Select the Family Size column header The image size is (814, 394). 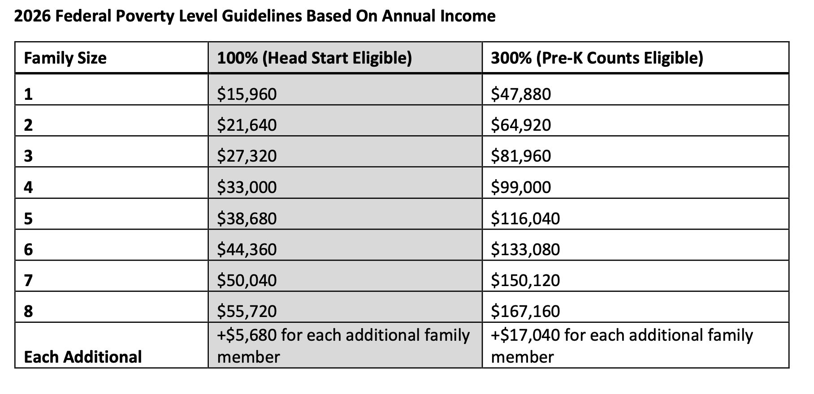point(65,58)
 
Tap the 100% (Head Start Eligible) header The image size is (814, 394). point(314,58)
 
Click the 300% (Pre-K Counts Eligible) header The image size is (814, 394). point(597,58)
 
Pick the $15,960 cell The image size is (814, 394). point(247,94)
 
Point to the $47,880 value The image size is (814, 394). point(520,94)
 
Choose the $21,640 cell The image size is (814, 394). point(247,125)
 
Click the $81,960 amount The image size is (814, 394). point(520,156)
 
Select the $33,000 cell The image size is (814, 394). point(247,187)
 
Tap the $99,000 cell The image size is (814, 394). point(520,187)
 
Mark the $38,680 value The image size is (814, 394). point(247,218)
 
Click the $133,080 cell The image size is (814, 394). point(525,249)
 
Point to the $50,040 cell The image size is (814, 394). point(247,280)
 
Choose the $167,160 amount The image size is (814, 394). point(525,311)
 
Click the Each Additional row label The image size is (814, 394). point(82,357)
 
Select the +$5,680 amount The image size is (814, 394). point(247,335)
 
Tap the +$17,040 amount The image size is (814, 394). point(525,335)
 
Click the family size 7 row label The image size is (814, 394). point(28,280)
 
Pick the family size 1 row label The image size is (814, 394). point(28,94)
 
